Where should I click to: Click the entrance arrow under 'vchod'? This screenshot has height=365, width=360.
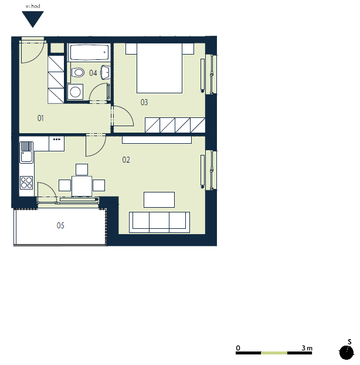click(x=33, y=19)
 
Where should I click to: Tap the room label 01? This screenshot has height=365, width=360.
click(x=40, y=118)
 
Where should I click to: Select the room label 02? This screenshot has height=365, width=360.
click(x=126, y=160)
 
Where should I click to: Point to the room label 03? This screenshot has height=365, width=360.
click(x=144, y=102)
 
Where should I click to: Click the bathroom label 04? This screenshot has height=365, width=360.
click(x=93, y=73)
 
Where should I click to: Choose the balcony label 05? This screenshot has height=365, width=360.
click(x=60, y=225)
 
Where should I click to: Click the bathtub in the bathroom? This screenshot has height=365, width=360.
click(x=89, y=52)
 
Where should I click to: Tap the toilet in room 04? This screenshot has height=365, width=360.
click(x=77, y=72)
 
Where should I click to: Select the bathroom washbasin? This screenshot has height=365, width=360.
click(x=106, y=72)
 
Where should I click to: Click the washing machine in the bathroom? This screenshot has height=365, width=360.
click(x=75, y=92)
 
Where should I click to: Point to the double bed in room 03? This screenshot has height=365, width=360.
click(x=159, y=68)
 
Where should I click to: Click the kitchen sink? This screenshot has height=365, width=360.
click(x=26, y=153)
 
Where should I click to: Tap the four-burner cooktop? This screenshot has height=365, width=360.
click(x=26, y=182)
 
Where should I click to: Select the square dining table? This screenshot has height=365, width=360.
click(x=81, y=186)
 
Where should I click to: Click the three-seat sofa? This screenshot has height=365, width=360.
click(x=159, y=222)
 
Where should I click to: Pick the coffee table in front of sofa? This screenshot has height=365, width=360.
click(x=159, y=200)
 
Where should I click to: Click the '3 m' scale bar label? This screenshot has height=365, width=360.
click(x=307, y=348)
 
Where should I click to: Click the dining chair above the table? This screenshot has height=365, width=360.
click(x=81, y=170)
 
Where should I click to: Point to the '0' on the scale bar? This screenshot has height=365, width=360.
click(x=238, y=348)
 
